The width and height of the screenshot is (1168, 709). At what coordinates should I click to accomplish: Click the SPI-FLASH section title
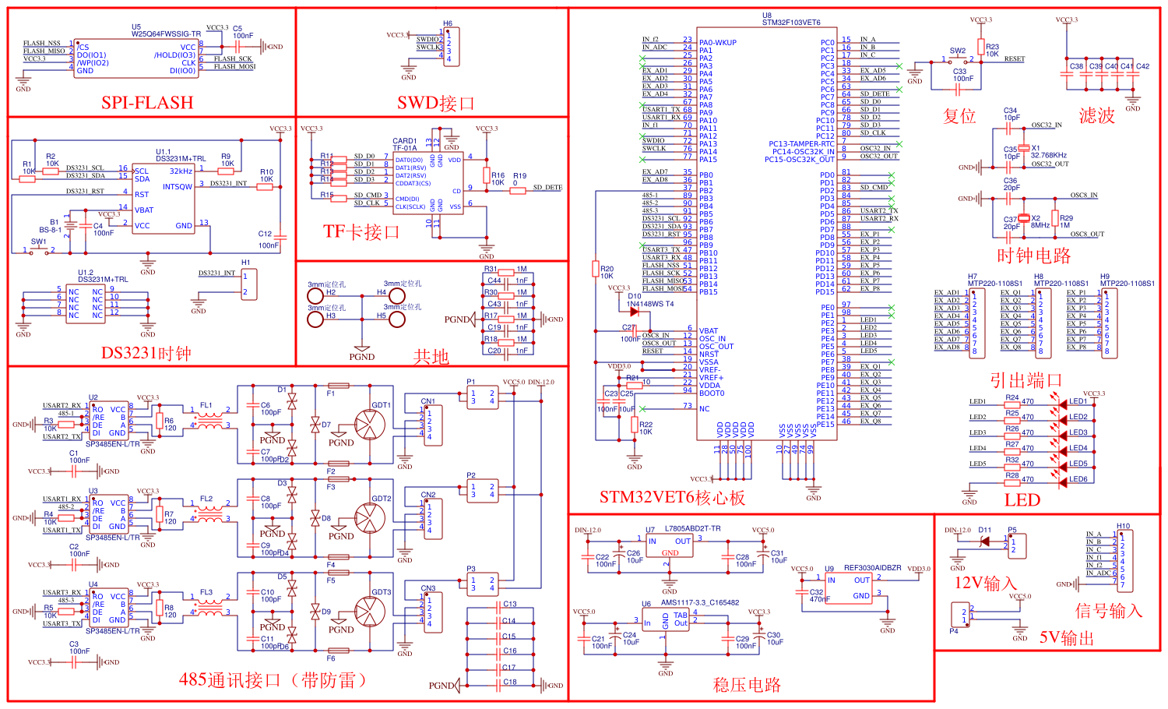coord(147,103)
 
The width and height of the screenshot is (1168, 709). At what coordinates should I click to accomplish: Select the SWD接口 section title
coord(435,103)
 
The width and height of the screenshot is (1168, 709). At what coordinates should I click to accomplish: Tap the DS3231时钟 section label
coord(146,353)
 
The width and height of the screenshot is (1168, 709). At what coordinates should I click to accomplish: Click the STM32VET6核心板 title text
coord(672,498)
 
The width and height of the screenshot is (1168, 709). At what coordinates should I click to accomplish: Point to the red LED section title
coord(1022,499)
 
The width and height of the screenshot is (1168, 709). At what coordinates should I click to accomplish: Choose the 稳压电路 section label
coord(746,685)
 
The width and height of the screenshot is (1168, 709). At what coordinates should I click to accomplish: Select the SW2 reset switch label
coord(957,51)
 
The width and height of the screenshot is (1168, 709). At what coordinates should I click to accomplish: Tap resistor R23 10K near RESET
coord(992,51)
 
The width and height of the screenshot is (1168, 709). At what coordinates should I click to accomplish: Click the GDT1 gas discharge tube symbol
coord(369,425)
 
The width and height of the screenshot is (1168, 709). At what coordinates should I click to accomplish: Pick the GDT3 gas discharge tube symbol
coord(369,612)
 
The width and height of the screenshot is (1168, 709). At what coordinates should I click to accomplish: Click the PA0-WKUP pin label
coord(717,43)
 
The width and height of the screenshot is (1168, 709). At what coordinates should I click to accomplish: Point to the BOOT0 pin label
coord(711,393)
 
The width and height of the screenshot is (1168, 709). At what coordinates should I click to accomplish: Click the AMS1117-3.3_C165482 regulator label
coord(699,602)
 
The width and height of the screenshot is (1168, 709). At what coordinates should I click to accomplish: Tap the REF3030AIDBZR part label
coord(872,568)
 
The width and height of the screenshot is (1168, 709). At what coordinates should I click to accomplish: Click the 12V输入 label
coord(985,583)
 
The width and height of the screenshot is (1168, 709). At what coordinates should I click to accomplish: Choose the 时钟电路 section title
coord(1033,256)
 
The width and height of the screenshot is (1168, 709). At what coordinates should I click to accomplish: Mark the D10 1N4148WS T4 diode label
coord(650,300)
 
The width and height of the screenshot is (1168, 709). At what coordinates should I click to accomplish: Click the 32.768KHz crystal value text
coord(1048,155)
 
